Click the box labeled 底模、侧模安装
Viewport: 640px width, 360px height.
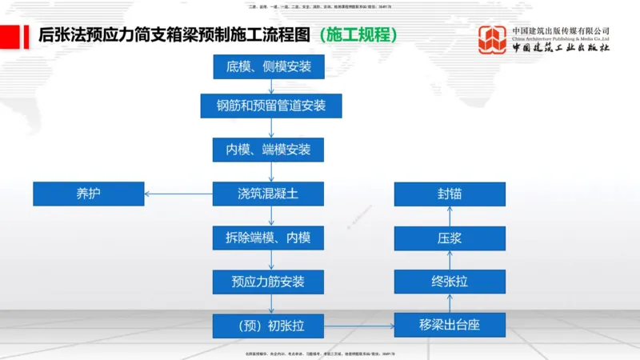tap(269, 66)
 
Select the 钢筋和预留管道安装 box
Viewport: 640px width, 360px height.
tap(270, 105)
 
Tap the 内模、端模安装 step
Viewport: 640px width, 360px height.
tap(269, 149)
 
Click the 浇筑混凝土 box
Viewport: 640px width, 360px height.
tap(269, 194)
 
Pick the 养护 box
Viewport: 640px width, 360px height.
tap(89, 194)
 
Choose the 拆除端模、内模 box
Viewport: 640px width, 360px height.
tap(269, 238)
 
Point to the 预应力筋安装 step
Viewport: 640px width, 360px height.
tap(269, 282)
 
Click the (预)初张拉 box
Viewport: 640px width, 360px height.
tap(269, 326)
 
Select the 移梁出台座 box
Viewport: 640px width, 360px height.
tap(450, 325)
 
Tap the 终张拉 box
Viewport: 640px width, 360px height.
tap(450, 282)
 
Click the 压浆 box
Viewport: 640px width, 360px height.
tap(450, 238)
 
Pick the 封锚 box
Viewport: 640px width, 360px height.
tap(450, 194)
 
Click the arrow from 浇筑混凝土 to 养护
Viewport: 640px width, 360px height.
tap(178, 194)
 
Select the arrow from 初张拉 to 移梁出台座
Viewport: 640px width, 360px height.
tap(359, 326)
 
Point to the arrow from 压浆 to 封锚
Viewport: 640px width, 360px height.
tap(450, 216)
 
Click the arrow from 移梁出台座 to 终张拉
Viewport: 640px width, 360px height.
tap(450, 303)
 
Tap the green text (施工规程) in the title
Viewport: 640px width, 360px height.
tap(357, 36)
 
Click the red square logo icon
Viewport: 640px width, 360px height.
tap(492, 39)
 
